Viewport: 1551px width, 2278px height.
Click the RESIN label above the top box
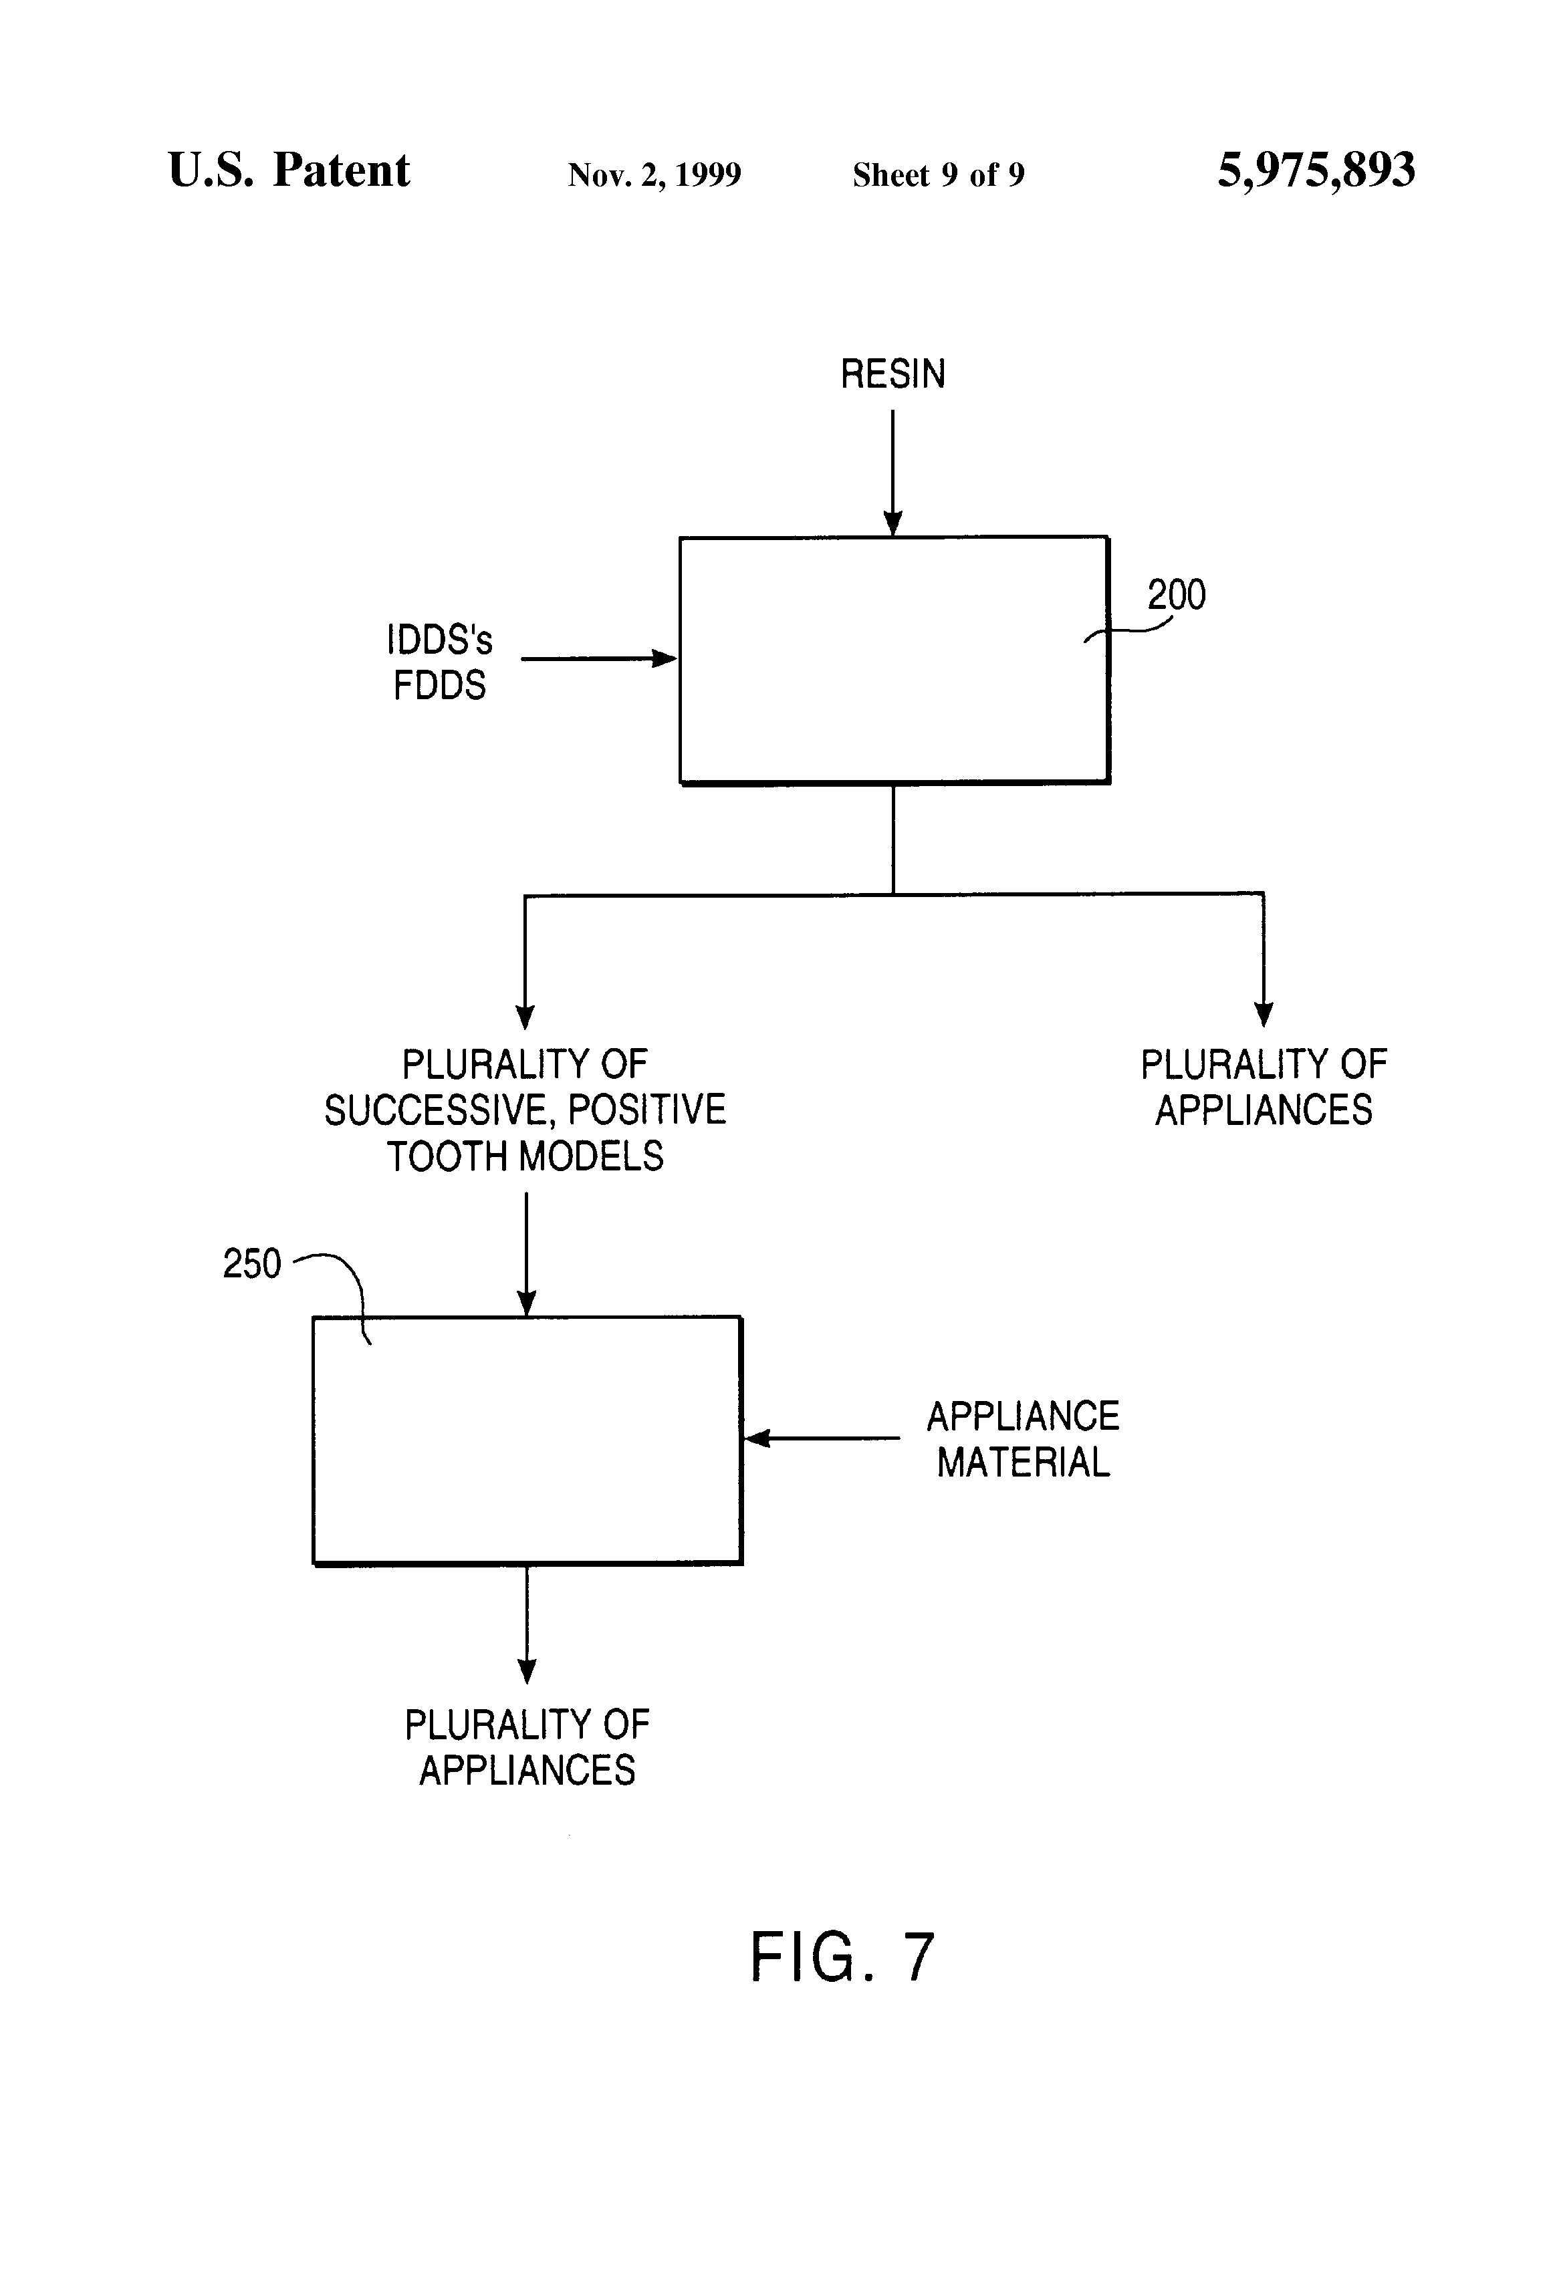click(x=892, y=374)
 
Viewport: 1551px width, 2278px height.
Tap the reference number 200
click(x=1177, y=594)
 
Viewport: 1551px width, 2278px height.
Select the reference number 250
click(x=252, y=1263)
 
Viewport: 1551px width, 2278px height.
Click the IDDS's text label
click(x=439, y=640)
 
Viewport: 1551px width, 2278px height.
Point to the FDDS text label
click(x=439, y=685)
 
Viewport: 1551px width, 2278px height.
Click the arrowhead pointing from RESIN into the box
click(x=893, y=523)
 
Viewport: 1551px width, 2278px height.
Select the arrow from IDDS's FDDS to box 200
click(x=599, y=658)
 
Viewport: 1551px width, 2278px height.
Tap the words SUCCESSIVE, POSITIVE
click(x=525, y=1110)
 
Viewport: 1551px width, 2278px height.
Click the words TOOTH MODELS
click(x=525, y=1156)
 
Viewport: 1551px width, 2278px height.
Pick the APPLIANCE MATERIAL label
click(x=1024, y=1439)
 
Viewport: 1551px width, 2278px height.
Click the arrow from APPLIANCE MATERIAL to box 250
click(x=822, y=1438)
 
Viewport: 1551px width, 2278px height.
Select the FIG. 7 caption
click(x=842, y=1957)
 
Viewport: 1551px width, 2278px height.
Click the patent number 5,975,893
click(x=1316, y=170)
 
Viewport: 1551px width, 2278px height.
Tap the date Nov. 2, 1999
click(x=654, y=174)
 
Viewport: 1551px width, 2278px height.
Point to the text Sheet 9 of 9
click(x=938, y=174)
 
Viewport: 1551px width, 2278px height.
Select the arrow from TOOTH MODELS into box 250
click(x=527, y=1255)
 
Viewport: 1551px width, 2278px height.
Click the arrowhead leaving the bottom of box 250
click(x=527, y=1670)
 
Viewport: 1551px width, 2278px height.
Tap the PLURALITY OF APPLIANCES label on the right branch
click(x=1264, y=1087)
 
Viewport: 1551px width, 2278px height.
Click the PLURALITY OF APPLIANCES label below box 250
click(x=527, y=1748)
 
